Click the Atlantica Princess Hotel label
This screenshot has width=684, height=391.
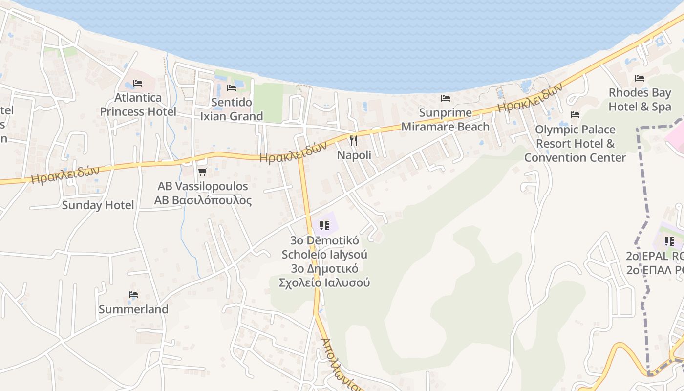pos(138,105)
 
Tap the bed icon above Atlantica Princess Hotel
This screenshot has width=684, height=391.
pos(138,83)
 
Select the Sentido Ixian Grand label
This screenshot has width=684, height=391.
pos(232,109)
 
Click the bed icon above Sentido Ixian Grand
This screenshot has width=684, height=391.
pos(232,87)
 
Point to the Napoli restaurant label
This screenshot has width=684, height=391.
pos(354,155)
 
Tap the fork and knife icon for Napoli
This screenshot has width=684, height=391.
pos(354,141)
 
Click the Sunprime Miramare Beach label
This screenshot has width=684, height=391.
pos(445,120)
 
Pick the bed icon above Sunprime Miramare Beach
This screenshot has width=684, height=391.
pos(446,98)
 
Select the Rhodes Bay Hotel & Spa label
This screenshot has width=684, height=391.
pos(640,100)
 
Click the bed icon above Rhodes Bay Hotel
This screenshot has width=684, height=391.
pos(640,78)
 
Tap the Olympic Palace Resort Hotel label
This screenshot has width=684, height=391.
pos(575,143)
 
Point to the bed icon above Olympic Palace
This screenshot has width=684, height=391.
pos(575,115)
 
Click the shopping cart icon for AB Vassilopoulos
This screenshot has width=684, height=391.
pos(203,172)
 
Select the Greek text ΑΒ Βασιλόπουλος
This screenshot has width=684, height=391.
pos(203,200)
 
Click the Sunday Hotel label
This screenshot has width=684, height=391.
pos(98,205)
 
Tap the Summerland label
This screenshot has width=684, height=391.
pos(133,309)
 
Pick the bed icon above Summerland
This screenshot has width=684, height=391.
pos(133,295)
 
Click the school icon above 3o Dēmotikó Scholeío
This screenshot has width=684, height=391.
pos(324,225)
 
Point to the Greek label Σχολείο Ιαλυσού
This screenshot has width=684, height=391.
pos(324,282)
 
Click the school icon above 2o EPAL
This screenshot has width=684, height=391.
pos(669,241)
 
